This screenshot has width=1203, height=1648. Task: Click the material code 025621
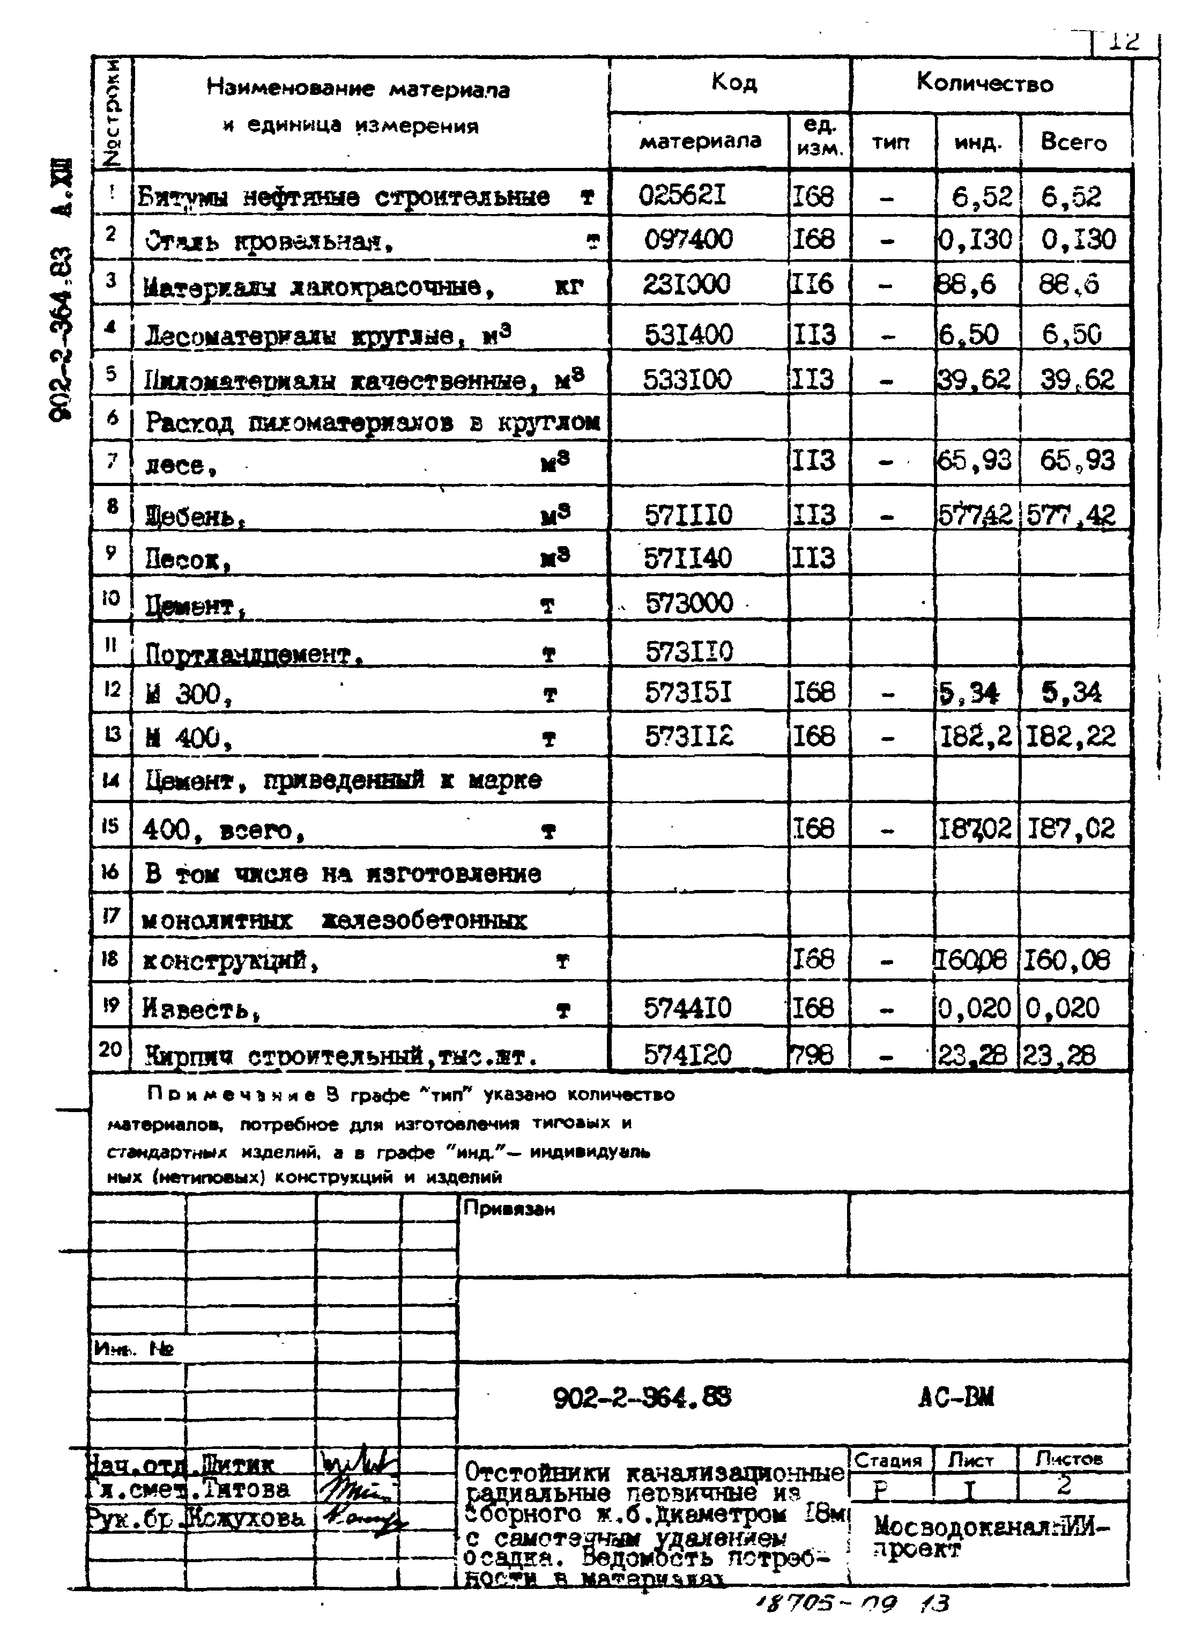click(682, 195)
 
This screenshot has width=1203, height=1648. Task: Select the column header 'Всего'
click(1073, 142)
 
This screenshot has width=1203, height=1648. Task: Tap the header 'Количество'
click(984, 83)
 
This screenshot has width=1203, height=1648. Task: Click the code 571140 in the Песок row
click(687, 558)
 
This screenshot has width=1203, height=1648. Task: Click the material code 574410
click(687, 1009)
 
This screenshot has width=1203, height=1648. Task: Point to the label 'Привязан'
click(510, 1209)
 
